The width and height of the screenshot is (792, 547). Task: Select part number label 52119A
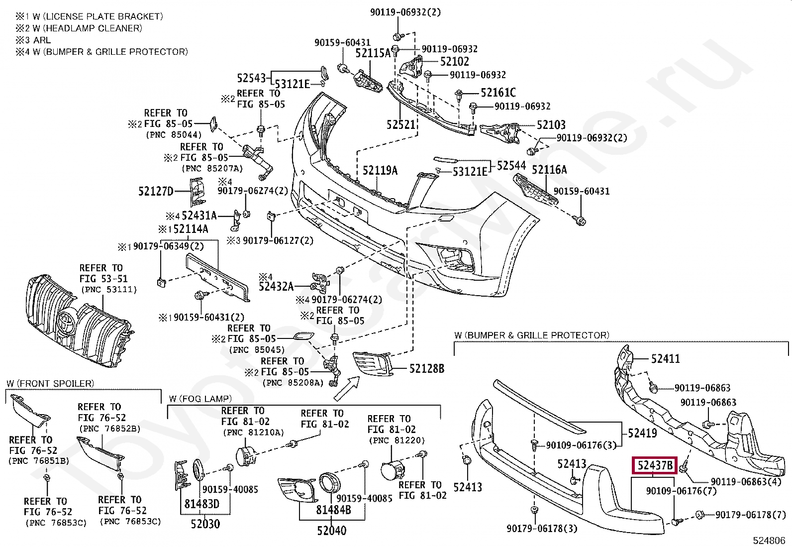pos(380,171)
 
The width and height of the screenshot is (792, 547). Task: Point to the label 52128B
pos(426,369)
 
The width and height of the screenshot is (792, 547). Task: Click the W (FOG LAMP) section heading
pos(200,399)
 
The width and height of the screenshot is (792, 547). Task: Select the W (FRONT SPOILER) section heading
pos(50,383)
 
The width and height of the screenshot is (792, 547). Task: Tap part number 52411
pos(666,359)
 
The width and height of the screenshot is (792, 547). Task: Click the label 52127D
pos(155,191)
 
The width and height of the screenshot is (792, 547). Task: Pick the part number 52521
pos(400,124)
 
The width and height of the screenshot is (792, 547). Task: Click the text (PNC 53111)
pos(108,290)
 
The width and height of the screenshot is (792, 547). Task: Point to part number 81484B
pos(333,510)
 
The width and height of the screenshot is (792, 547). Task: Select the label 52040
pos(331,531)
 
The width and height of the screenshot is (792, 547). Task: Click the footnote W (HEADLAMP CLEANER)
pos(79,28)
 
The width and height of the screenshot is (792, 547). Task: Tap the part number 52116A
pos(549,170)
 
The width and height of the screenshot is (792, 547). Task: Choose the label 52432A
pos(276,287)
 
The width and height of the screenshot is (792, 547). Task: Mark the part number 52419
pos(642,433)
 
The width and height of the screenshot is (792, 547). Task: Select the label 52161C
pos(498,93)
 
